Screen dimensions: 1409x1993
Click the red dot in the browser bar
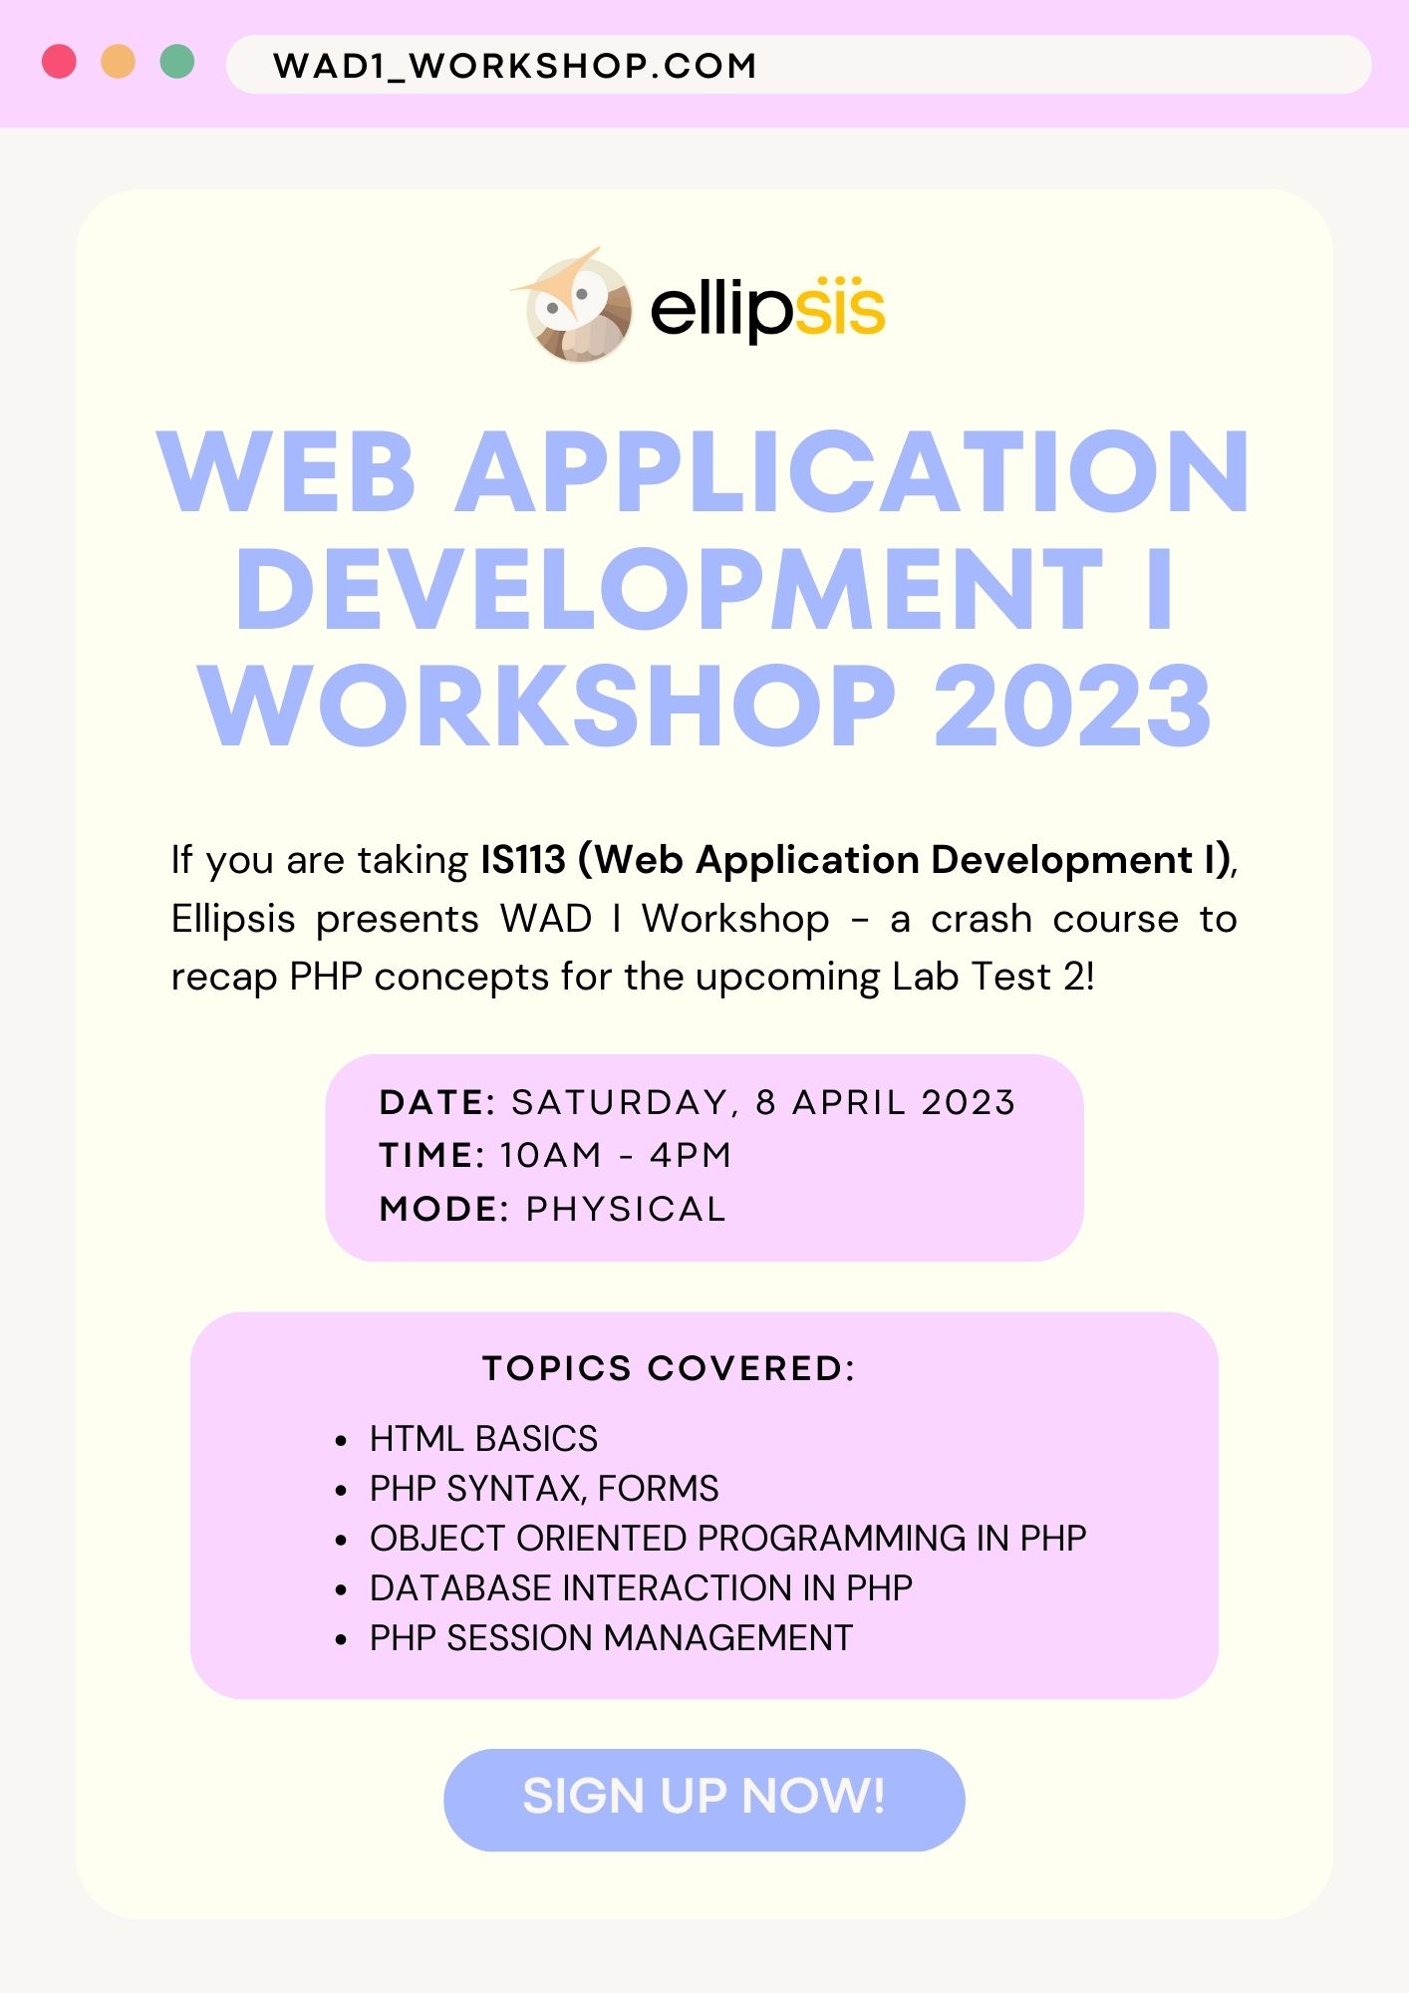[59, 62]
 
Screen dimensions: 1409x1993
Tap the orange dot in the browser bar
[119, 62]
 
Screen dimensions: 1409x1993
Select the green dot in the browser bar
[177, 62]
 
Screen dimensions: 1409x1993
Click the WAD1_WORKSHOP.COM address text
[515, 66]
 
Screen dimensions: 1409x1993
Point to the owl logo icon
[574, 306]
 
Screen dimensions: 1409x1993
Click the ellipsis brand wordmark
[767, 308]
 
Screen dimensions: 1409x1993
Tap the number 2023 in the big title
[1072, 705]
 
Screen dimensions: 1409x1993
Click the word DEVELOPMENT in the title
[669, 589]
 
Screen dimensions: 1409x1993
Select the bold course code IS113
[523, 860]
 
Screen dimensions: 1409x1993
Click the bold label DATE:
[437, 1102]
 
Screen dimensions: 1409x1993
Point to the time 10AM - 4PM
[616, 1155]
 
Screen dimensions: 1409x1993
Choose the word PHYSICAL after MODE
[626, 1209]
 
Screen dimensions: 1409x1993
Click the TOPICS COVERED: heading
[669, 1368]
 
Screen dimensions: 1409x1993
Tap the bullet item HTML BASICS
[483, 1439]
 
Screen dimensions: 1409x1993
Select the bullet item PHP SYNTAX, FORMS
[544, 1489]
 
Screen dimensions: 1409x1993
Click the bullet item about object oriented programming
[727, 1539]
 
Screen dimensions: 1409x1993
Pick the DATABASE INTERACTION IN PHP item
[641, 1588]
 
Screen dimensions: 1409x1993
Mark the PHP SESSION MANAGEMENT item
[611, 1638]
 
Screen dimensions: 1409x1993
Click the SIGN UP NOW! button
[704, 1800]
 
